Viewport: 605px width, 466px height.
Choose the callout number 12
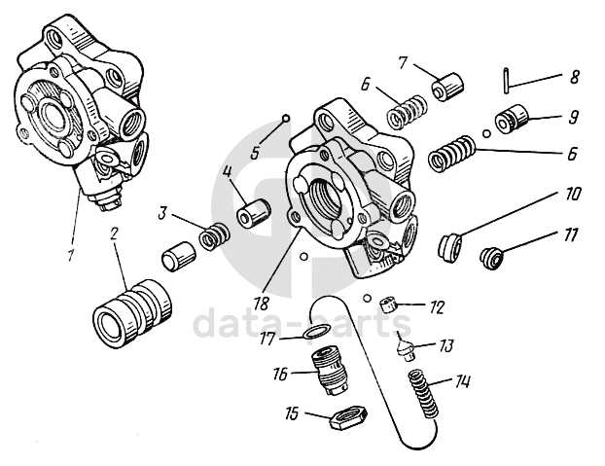(438, 307)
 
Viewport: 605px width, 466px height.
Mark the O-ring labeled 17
(312, 335)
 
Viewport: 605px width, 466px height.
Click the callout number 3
(163, 210)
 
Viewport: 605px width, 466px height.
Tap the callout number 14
(463, 381)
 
